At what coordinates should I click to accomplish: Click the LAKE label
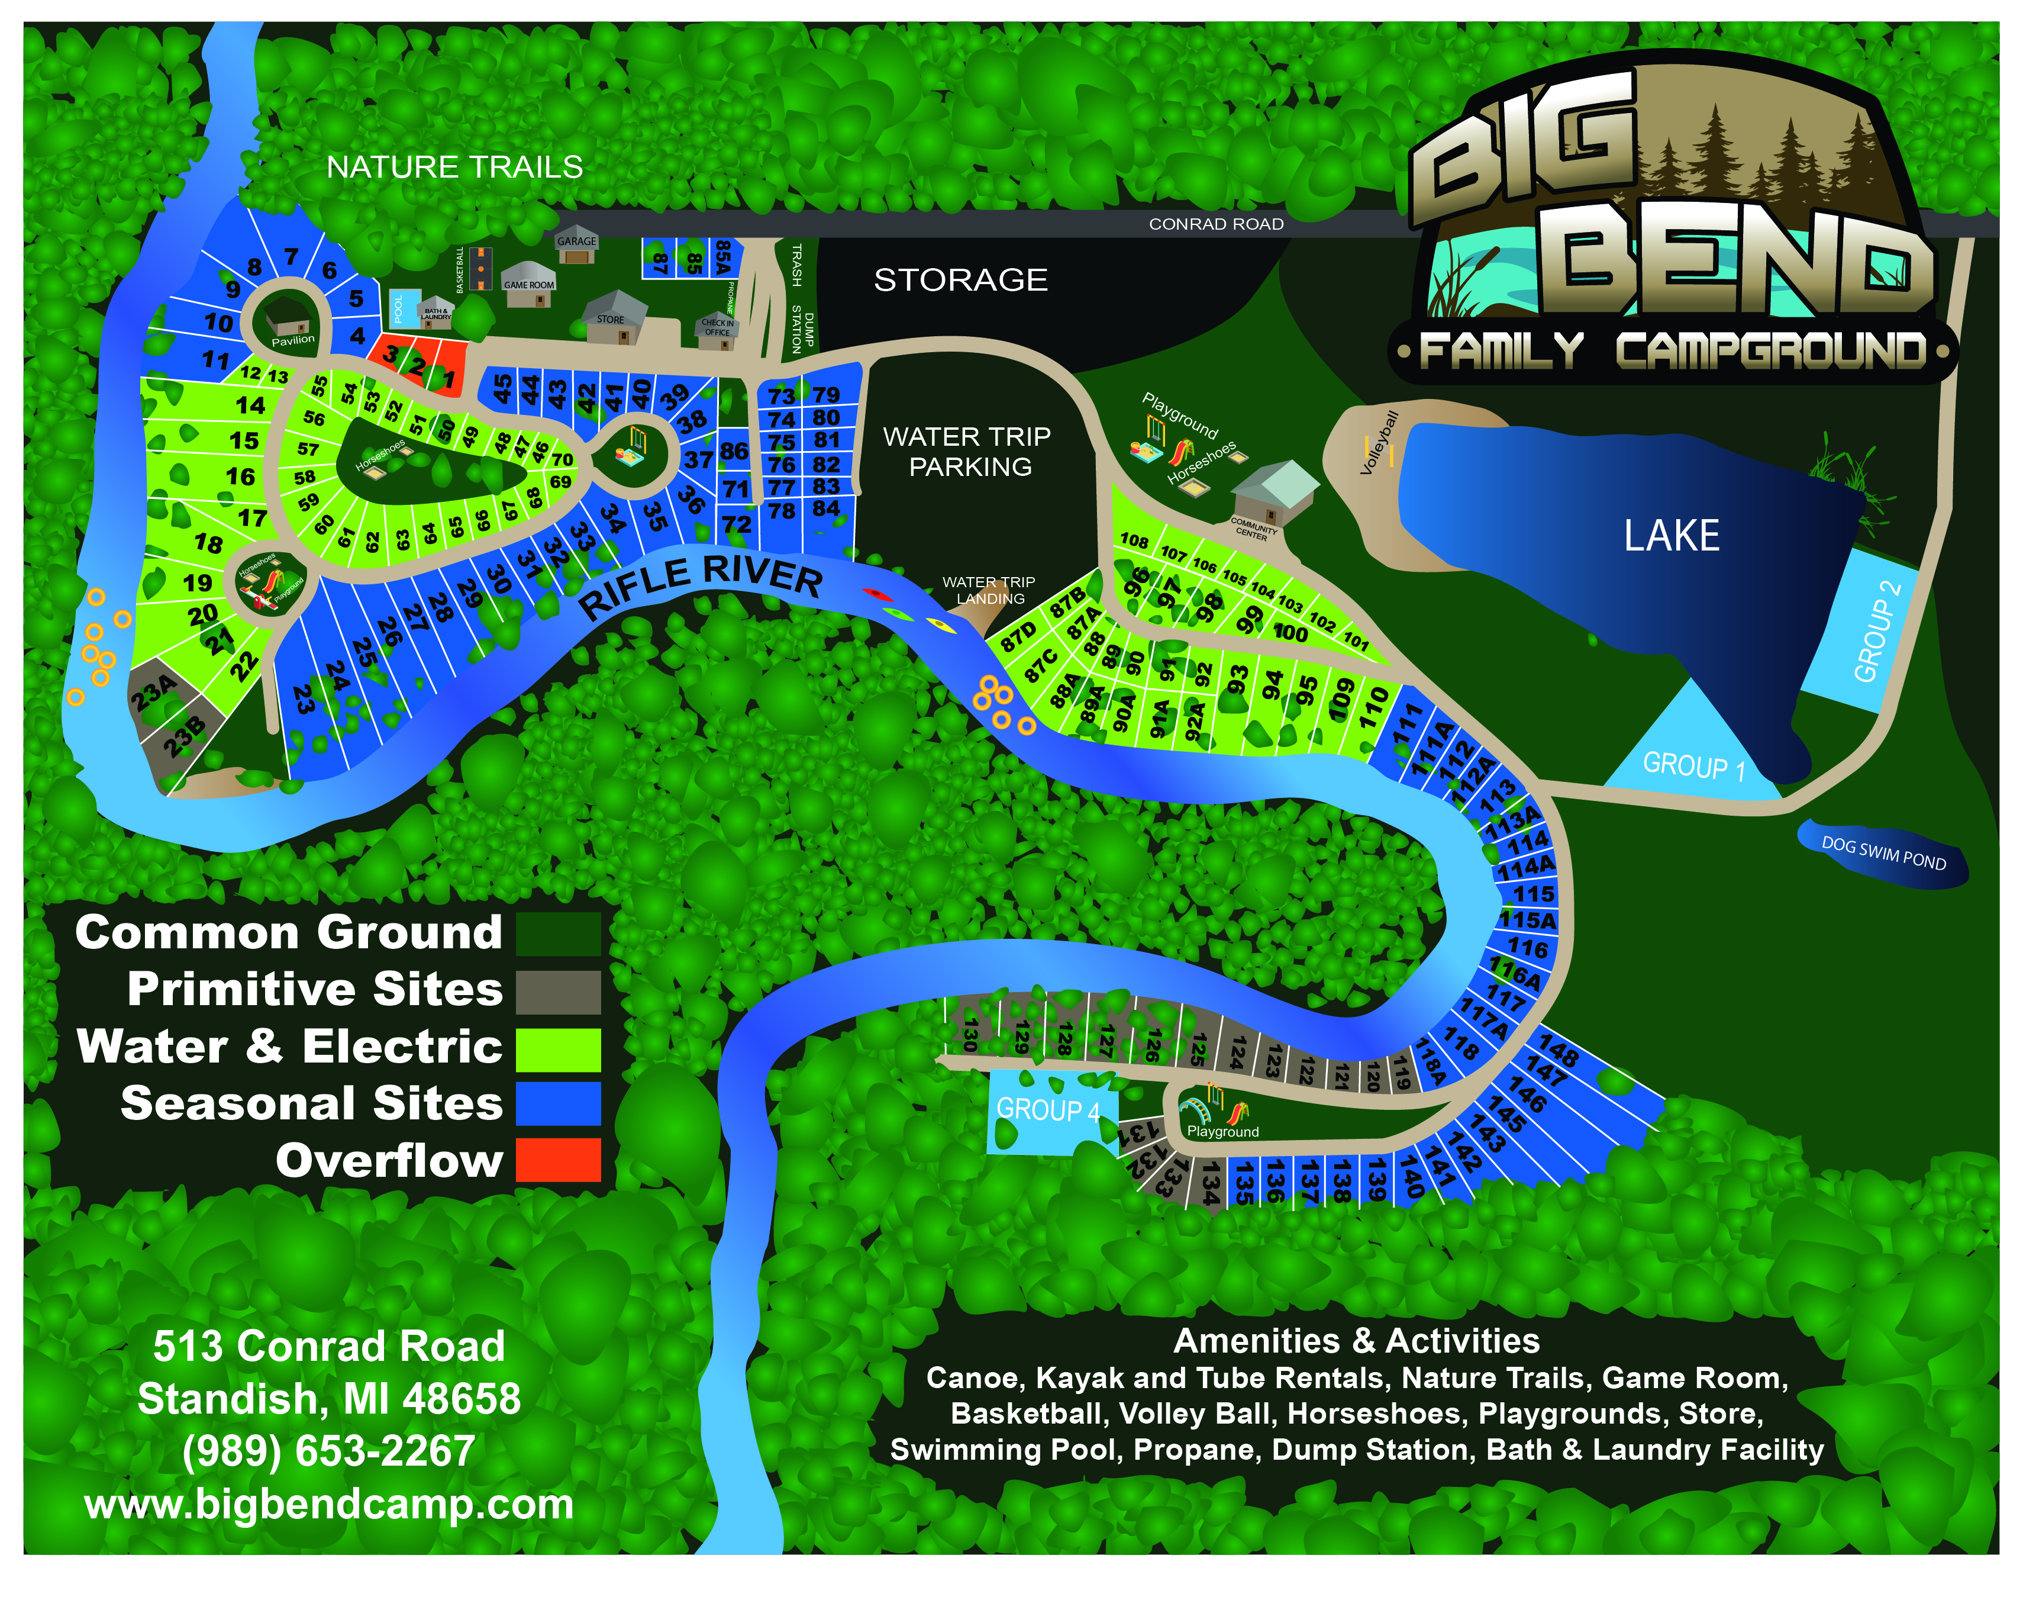[x=1670, y=536]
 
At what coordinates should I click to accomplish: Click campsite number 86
[x=734, y=452]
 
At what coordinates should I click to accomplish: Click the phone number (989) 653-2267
[x=328, y=1451]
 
